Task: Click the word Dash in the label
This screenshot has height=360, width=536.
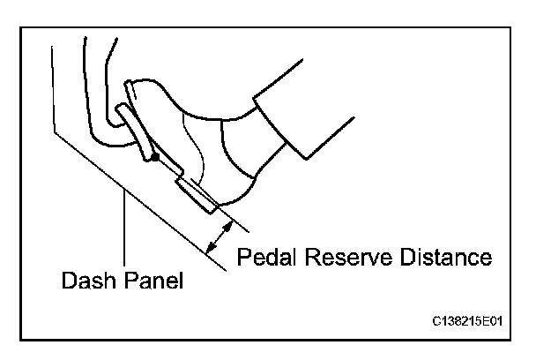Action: coord(87,283)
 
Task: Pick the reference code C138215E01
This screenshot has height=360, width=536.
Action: coord(474,320)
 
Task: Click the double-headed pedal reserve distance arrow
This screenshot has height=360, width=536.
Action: coord(218,236)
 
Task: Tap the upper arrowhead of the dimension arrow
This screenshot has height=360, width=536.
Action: coord(227,224)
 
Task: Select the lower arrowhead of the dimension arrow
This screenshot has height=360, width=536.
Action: coord(208,250)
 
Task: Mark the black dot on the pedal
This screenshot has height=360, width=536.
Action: coord(154,159)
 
